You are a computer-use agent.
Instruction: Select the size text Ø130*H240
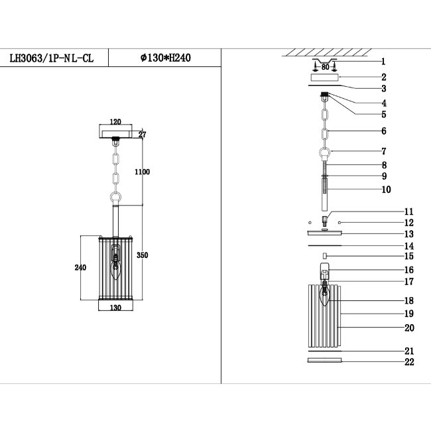point(165,58)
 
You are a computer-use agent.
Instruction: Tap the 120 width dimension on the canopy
point(117,123)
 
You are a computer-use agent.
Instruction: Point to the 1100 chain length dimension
point(141,172)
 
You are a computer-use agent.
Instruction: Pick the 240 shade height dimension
point(80,268)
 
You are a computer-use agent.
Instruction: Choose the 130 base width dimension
point(117,308)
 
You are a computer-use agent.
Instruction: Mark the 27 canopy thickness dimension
point(142,135)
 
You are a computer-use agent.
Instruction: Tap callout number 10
point(386,190)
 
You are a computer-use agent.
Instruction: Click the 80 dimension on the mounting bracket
point(326,66)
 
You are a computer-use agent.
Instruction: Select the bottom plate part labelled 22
point(325,361)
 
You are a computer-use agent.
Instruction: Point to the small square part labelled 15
point(325,255)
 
